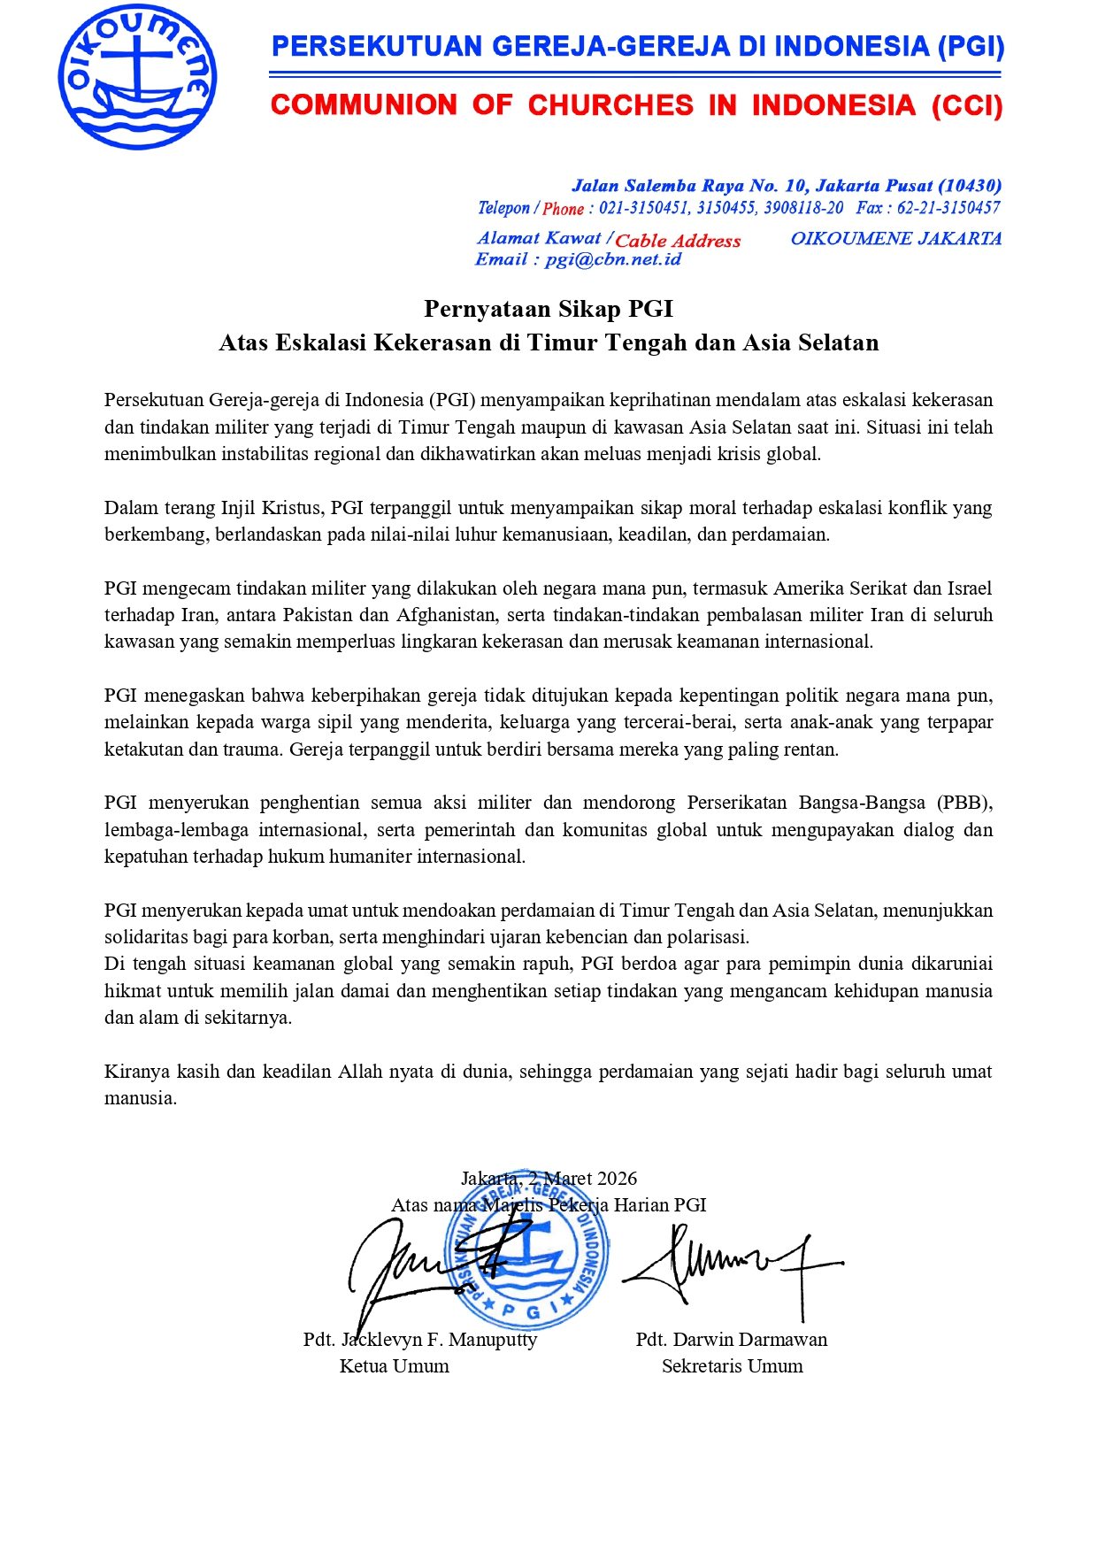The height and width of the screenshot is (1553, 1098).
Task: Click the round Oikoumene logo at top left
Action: pyautogui.click(x=137, y=77)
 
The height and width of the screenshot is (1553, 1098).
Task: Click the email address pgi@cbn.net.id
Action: pyautogui.click(x=613, y=259)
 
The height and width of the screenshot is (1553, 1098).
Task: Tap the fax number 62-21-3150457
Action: pyautogui.click(x=948, y=208)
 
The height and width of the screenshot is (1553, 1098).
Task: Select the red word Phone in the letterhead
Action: pyautogui.click(x=563, y=209)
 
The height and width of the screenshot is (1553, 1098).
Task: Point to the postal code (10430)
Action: pyautogui.click(x=970, y=186)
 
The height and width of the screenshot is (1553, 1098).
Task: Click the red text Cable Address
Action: pyautogui.click(x=678, y=241)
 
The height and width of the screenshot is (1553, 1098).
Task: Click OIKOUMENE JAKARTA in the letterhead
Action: pyautogui.click(x=895, y=239)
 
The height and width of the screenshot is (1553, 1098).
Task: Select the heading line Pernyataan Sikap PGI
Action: pyautogui.click(x=549, y=309)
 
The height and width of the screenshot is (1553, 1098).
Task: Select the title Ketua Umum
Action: pyautogui.click(x=394, y=1366)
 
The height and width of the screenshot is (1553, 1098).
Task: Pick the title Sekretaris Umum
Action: pyautogui.click(x=732, y=1366)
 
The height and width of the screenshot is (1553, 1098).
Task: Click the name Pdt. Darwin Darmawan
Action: pyautogui.click(x=731, y=1340)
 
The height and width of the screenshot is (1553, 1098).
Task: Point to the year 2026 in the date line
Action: pyautogui.click(x=616, y=1179)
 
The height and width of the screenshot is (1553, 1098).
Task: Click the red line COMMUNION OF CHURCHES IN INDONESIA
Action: pyautogui.click(x=636, y=105)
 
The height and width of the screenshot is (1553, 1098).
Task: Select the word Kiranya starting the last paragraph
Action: pyautogui.click(x=136, y=1072)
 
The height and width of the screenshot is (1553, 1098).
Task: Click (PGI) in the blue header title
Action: pyautogui.click(x=971, y=46)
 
